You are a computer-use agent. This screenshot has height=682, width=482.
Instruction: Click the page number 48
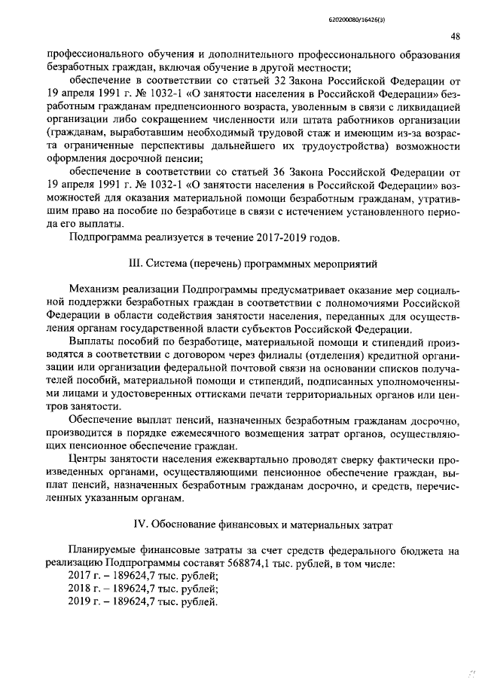pyautogui.click(x=456, y=37)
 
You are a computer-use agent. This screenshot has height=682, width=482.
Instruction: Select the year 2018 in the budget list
pyautogui.click(x=78, y=589)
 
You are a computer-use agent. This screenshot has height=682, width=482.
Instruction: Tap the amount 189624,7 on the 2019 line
pyautogui.click(x=127, y=602)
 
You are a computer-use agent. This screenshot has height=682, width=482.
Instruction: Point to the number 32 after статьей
pyautogui.click(x=304, y=79)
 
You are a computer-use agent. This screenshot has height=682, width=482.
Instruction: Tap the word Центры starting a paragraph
pyautogui.click(x=88, y=459)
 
